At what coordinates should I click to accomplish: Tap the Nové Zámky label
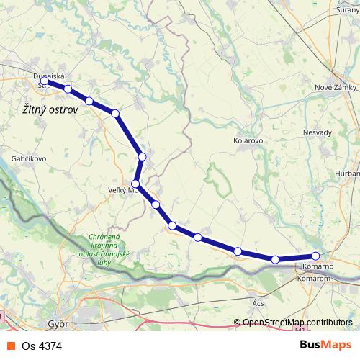pos(336,87)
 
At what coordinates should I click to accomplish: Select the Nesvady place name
pos(318,132)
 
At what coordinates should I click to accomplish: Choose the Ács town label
pos(258,303)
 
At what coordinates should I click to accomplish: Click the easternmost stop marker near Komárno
pos(315,256)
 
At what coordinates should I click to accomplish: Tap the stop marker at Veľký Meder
pos(135,184)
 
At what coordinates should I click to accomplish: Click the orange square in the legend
pos(10,346)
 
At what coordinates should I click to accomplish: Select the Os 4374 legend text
pos(42,346)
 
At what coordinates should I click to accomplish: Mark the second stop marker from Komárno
pos(275,259)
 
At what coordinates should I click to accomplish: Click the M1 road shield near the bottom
pos(299,333)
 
